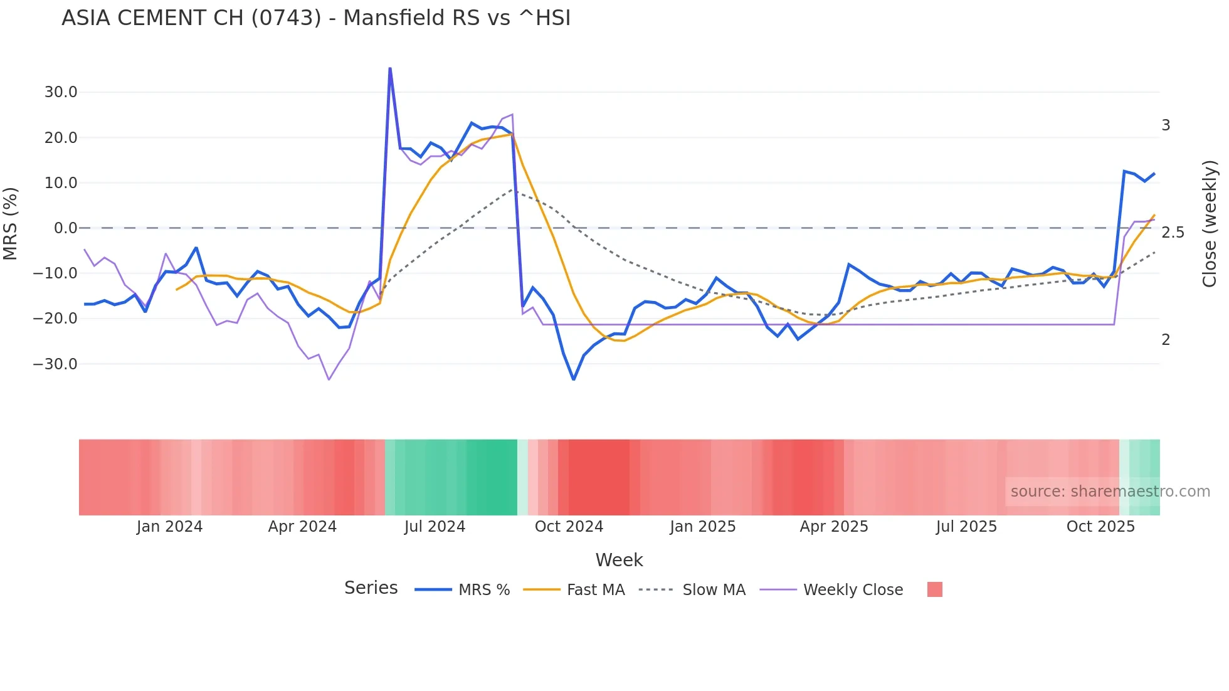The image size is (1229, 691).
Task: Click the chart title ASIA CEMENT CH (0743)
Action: coord(316,18)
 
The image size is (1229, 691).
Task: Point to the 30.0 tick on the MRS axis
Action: coord(61,92)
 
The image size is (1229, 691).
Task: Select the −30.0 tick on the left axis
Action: coord(56,364)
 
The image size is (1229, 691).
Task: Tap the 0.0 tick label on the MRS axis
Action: coord(65,228)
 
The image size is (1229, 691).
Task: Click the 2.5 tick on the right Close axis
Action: coord(1173,233)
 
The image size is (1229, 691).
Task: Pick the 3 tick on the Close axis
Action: coord(1166,125)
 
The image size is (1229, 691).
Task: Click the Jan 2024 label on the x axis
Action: coord(169,527)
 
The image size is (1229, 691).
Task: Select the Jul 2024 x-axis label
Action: coord(435,527)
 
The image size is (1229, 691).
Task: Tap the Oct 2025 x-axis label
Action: coord(1100,527)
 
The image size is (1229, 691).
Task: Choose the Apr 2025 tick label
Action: coord(834,527)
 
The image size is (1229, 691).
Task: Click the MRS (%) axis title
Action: coord(11,223)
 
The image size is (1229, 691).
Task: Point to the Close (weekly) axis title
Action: coord(1210,223)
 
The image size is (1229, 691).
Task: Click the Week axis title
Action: coord(619,560)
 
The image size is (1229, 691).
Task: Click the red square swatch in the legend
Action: coord(935,589)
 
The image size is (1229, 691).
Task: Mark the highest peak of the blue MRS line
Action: coord(390,68)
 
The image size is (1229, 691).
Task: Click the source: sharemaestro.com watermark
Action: coord(1110,492)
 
